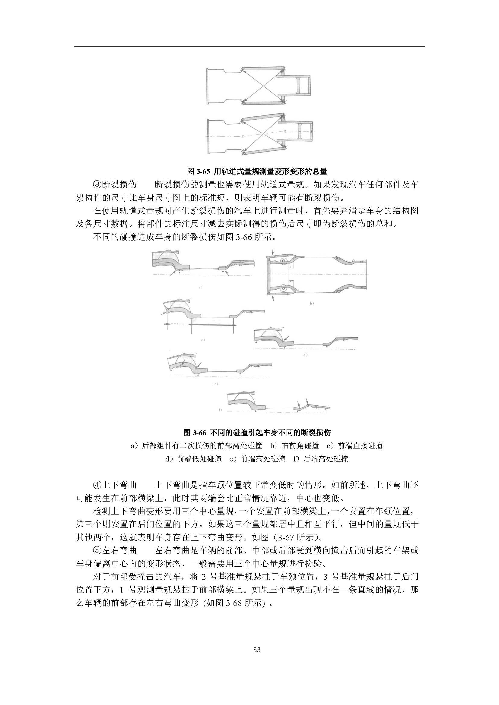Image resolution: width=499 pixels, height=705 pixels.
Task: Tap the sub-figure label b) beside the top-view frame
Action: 312,304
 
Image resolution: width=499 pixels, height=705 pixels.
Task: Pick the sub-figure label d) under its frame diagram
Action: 305,355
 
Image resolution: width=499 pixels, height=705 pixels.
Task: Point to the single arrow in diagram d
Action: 287,338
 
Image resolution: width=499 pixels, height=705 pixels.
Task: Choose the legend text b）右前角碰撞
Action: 294,445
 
